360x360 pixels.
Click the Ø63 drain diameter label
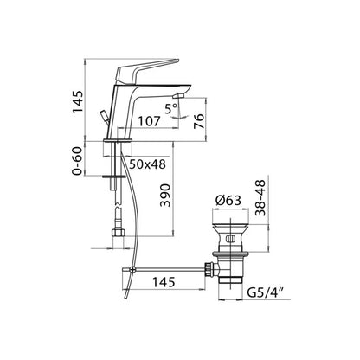pyautogui.click(x=227, y=200)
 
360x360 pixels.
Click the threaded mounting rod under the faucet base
pyautogui.click(x=113, y=173)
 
